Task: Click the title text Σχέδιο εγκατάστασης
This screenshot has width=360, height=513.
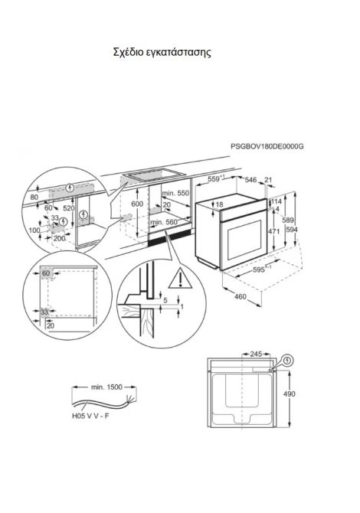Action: click(x=162, y=52)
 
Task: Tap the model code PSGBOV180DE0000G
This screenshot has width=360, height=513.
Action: click(x=267, y=146)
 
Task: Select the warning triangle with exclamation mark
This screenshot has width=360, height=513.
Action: click(x=180, y=279)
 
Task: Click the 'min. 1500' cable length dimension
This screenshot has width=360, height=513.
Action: click(x=106, y=387)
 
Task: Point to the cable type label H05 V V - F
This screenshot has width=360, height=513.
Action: click(x=90, y=417)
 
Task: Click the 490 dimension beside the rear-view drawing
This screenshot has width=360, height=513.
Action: click(x=289, y=394)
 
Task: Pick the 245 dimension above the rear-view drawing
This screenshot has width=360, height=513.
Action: click(x=256, y=354)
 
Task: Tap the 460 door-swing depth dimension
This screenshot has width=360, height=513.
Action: click(x=241, y=297)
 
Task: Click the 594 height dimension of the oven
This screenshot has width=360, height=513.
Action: click(x=292, y=230)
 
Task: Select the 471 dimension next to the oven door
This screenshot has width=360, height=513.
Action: click(x=274, y=231)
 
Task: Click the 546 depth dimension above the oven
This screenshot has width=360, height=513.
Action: click(x=250, y=180)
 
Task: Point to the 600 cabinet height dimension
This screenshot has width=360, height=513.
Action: click(x=137, y=204)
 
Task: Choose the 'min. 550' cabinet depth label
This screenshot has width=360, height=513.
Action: click(x=175, y=193)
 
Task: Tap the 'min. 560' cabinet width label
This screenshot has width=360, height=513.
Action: click(x=164, y=223)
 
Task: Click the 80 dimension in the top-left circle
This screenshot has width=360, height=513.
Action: click(x=34, y=197)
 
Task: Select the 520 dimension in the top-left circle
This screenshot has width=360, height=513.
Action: click(x=69, y=208)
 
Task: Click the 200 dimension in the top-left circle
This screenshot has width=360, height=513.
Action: click(x=59, y=238)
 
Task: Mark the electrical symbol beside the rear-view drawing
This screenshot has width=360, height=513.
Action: click(x=288, y=361)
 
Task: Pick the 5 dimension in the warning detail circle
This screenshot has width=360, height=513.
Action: click(x=165, y=300)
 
